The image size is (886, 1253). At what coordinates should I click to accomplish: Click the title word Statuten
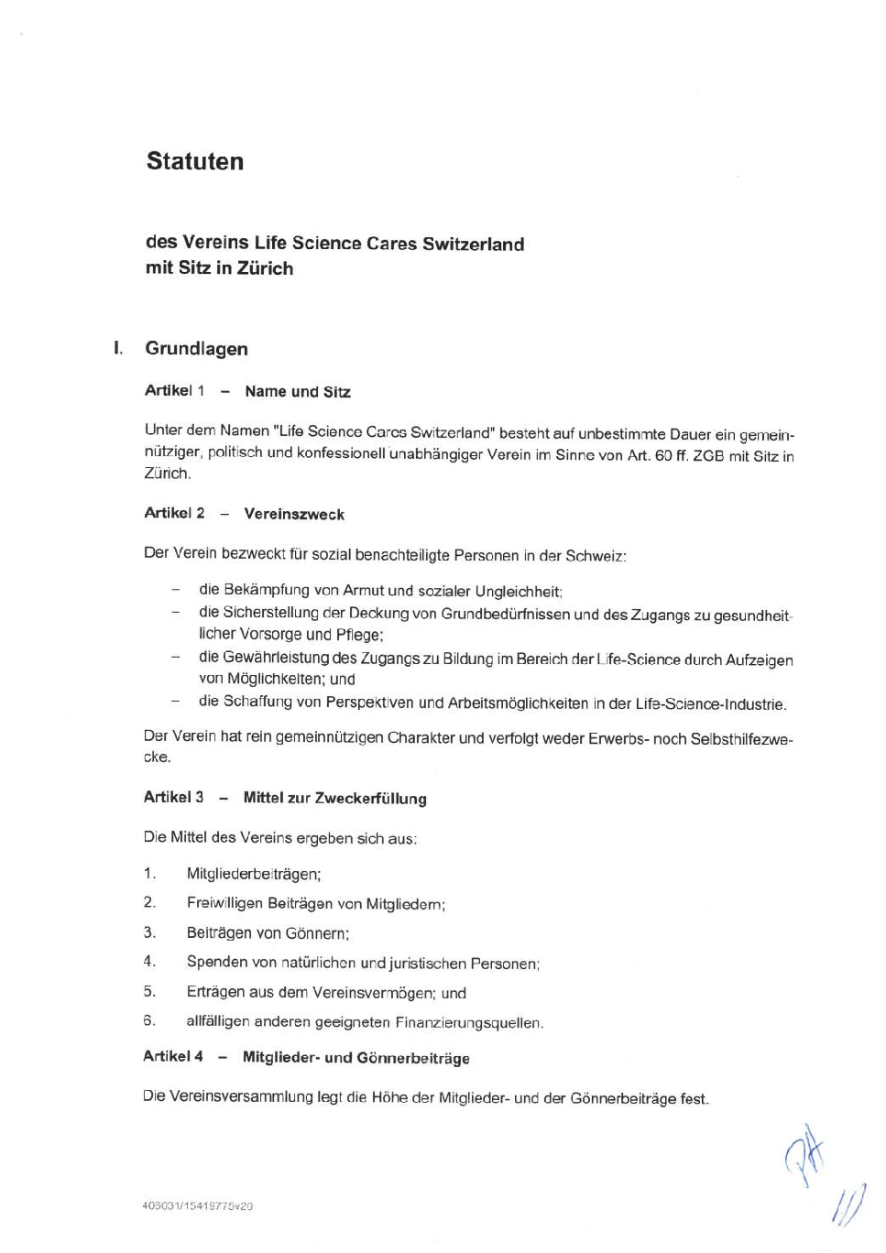coord(195,161)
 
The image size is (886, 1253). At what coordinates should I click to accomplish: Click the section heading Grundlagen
coord(196,348)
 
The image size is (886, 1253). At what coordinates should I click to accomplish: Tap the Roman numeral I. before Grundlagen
coord(118,348)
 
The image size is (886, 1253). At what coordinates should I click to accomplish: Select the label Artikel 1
coord(174,391)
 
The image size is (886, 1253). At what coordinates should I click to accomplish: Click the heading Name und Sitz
coord(298,392)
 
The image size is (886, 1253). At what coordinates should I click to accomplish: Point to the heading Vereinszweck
coord(294,514)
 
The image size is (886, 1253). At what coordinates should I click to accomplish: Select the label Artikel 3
coord(173,797)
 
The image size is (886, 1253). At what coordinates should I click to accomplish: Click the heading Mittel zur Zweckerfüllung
coord(334,798)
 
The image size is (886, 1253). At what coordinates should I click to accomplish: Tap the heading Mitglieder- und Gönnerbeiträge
coord(355,1058)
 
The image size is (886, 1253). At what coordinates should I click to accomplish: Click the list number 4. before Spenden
coord(149,962)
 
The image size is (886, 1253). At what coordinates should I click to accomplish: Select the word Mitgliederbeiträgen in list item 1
coord(252,874)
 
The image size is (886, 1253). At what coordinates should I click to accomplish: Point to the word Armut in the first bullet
coord(363,591)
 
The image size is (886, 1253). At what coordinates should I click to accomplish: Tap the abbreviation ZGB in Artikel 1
coord(708,455)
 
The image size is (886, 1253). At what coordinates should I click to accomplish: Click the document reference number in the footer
coord(198,1206)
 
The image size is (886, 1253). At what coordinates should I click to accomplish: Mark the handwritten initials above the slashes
coord(804,1154)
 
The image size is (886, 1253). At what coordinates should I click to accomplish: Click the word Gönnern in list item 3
coord(315,933)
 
